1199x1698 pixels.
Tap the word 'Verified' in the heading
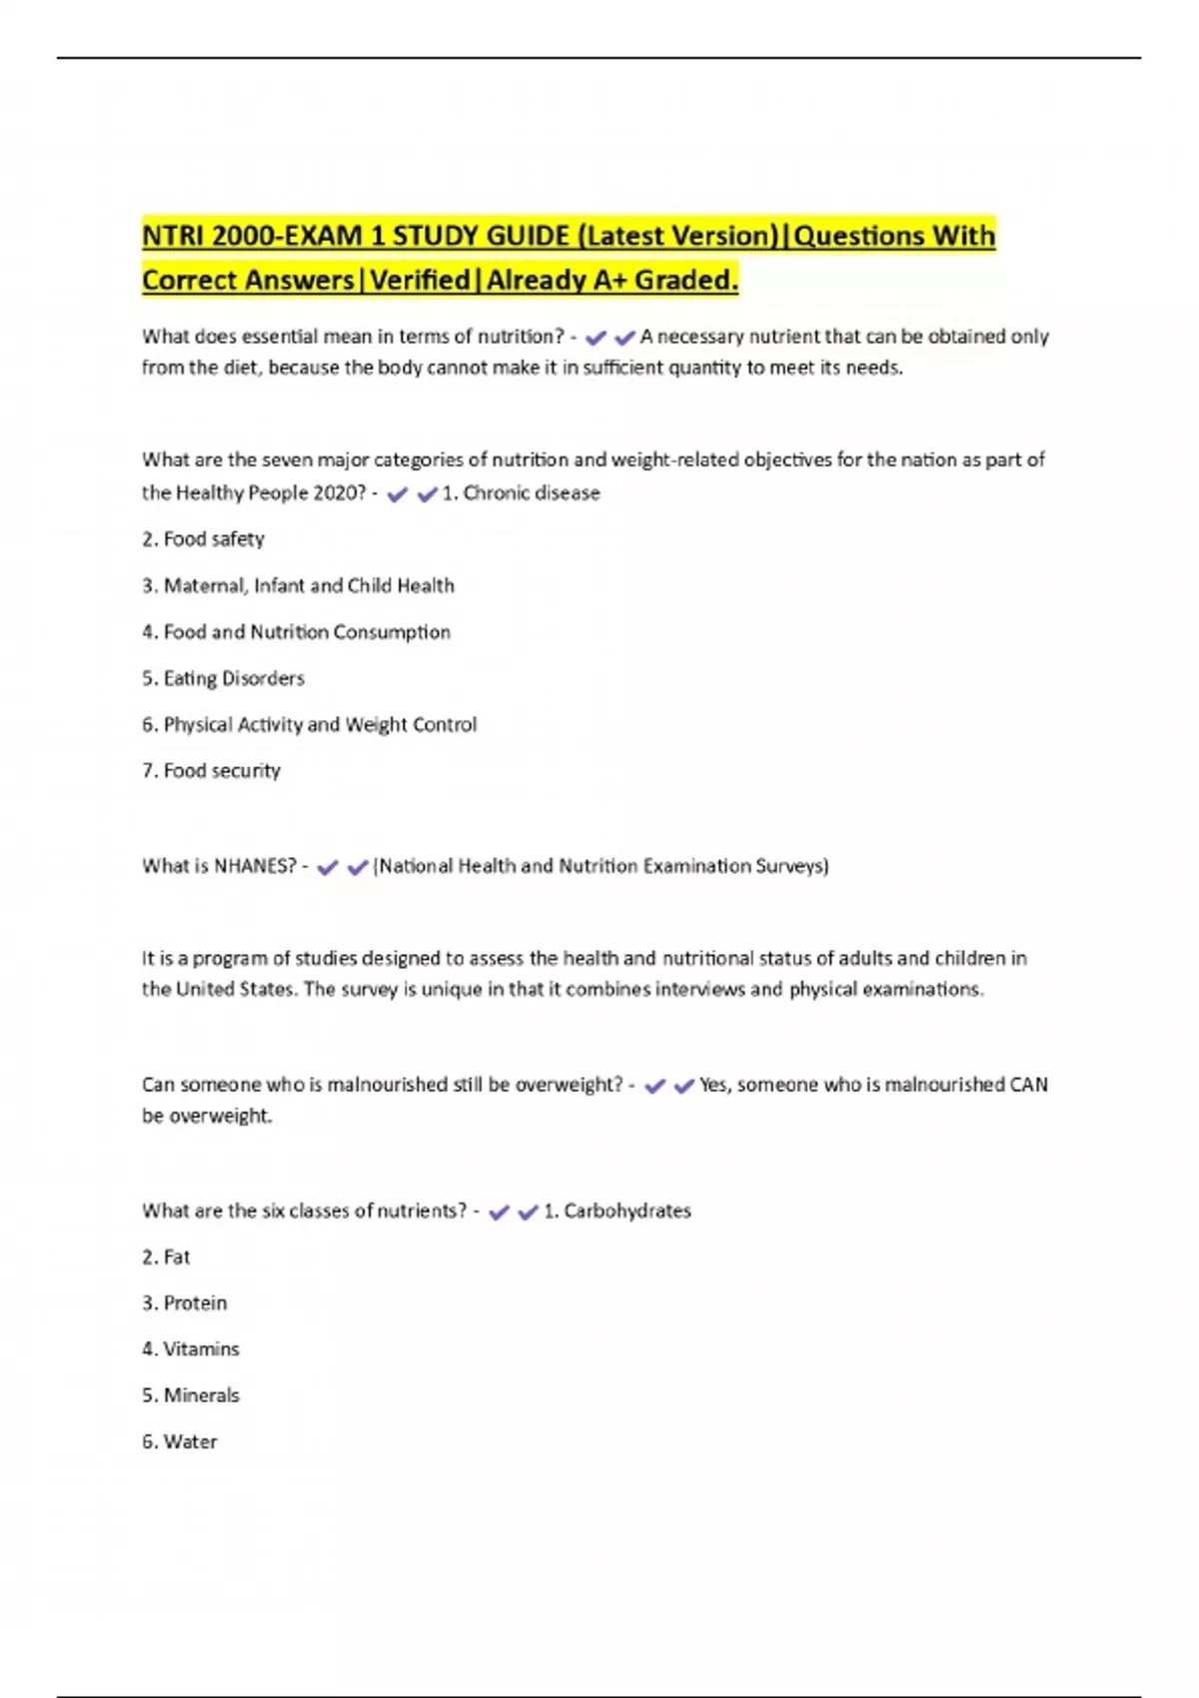420,281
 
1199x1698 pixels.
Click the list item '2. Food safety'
203,539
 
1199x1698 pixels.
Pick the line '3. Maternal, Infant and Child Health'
298,585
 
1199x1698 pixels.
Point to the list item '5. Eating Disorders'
223,678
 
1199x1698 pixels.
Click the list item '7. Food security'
211,771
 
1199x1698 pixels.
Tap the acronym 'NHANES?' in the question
255,866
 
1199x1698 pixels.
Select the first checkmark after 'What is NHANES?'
328,868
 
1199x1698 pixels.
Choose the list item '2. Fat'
166,1258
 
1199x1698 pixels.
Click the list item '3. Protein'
184,1303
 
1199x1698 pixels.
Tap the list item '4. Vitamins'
191,1349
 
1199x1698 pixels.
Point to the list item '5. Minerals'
191,1395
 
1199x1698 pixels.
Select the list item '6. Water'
180,1442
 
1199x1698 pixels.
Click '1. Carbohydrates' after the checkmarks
617,1211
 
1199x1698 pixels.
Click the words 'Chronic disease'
532,493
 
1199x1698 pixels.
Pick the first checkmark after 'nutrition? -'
596,339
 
